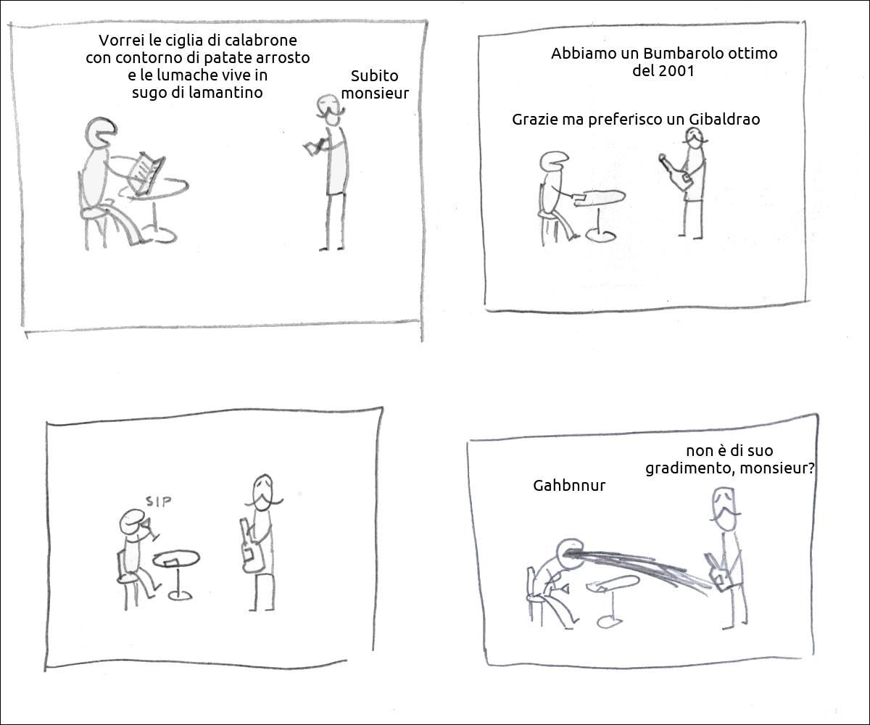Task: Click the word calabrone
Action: (x=261, y=41)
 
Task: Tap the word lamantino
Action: (x=225, y=92)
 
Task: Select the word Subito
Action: (x=374, y=76)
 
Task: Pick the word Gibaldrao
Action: (x=724, y=120)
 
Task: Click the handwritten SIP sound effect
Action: (x=158, y=501)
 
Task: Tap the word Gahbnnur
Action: (x=569, y=486)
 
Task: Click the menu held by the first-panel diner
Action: (x=146, y=174)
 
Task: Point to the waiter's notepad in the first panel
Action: (x=312, y=146)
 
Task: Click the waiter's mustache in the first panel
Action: (x=331, y=112)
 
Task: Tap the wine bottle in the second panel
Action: (x=675, y=172)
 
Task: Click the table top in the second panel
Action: (x=601, y=197)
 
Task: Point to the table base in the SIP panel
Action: (x=180, y=595)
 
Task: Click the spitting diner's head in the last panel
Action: (x=570, y=553)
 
